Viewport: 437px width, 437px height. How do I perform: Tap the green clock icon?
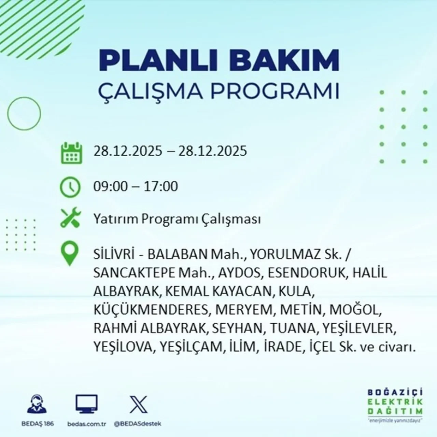70,187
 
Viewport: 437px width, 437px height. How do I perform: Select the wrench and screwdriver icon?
70,218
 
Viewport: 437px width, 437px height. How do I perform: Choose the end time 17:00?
161,186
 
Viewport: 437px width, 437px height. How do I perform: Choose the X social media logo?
138,405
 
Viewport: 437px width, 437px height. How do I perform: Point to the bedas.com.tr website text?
87,424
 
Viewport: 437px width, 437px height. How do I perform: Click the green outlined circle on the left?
24,113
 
